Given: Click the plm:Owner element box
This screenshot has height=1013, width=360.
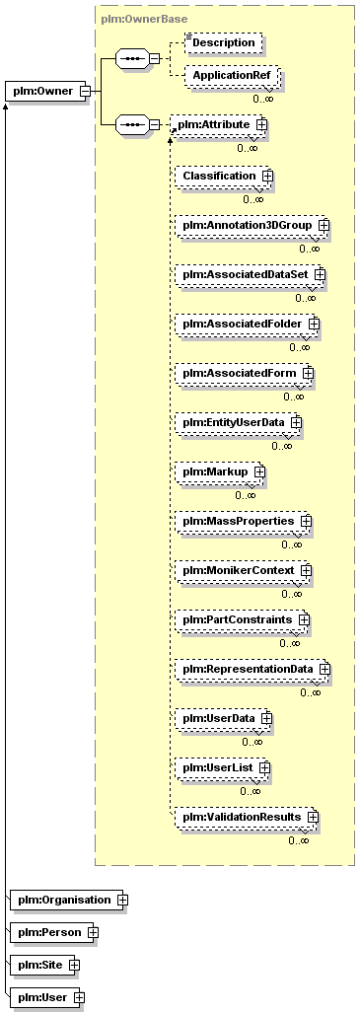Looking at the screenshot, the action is point(49,91).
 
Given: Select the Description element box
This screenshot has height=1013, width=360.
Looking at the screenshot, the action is point(224,42).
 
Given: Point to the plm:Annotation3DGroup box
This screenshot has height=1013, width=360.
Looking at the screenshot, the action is point(252,226).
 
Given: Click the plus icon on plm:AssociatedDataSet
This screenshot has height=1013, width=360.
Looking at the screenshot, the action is point(319,274).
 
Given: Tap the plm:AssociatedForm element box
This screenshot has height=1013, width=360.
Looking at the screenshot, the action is point(244,374).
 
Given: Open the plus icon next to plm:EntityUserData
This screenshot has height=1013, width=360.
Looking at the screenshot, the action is point(296,422).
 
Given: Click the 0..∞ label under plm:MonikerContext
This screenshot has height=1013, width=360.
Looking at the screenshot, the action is point(291,594).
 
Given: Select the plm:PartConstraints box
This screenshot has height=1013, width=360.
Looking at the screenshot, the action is point(242,620).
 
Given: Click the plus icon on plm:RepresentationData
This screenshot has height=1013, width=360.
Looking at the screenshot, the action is point(324,669).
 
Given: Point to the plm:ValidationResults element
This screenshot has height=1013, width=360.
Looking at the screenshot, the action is point(247,818).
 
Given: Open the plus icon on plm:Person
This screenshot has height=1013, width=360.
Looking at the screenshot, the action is point(93,932).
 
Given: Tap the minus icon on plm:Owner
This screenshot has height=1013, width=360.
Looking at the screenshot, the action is point(84,91).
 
